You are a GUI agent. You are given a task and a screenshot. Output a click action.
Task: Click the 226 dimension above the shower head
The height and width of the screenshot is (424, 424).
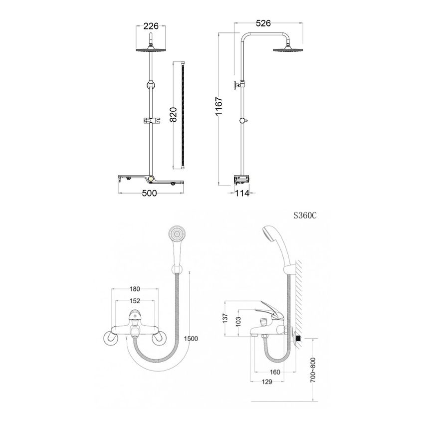(151, 26)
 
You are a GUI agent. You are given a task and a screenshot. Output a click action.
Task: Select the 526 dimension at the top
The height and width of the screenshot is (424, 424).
(263, 23)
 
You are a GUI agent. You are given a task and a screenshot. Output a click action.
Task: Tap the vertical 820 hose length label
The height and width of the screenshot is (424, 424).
(173, 114)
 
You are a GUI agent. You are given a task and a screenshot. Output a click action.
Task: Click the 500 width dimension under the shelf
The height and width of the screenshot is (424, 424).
(149, 193)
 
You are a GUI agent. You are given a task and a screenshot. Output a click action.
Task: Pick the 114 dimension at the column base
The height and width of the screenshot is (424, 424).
(242, 193)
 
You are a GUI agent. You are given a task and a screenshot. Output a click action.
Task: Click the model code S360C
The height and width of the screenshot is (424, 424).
(305, 215)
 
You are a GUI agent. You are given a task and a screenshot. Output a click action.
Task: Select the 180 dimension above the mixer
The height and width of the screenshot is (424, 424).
(135, 289)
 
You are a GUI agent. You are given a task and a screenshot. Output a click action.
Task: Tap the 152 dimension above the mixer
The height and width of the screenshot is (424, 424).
(135, 301)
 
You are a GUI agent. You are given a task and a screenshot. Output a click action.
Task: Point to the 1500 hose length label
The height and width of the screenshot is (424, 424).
(191, 339)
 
